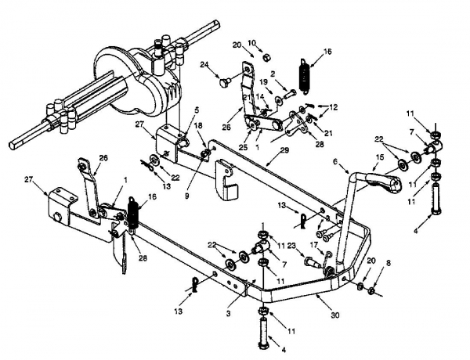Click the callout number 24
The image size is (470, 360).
click(x=204, y=64)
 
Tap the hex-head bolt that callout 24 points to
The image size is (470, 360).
click(x=224, y=81)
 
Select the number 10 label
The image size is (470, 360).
click(x=252, y=43)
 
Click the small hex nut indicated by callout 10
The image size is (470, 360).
click(x=266, y=57)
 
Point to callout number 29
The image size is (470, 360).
click(x=284, y=150)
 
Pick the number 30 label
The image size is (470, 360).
click(x=335, y=315)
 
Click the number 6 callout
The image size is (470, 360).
click(x=335, y=162)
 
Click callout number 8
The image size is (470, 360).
click(x=389, y=263)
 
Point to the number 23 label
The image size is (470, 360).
click(x=291, y=247)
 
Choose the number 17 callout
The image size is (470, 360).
click(x=313, y=245)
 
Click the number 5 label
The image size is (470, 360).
click(x=197, y=110)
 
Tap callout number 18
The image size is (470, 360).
click(x=197, y=125)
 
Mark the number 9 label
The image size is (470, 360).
click(x=186, y=196)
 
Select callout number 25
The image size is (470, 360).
click(x=248, y=147)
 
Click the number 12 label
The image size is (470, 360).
click(x=334, y=107)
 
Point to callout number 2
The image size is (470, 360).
click(x=273, y=74)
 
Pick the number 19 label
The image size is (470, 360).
click(x=263, y=81)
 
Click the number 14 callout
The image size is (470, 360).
click(x=261, y=96)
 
